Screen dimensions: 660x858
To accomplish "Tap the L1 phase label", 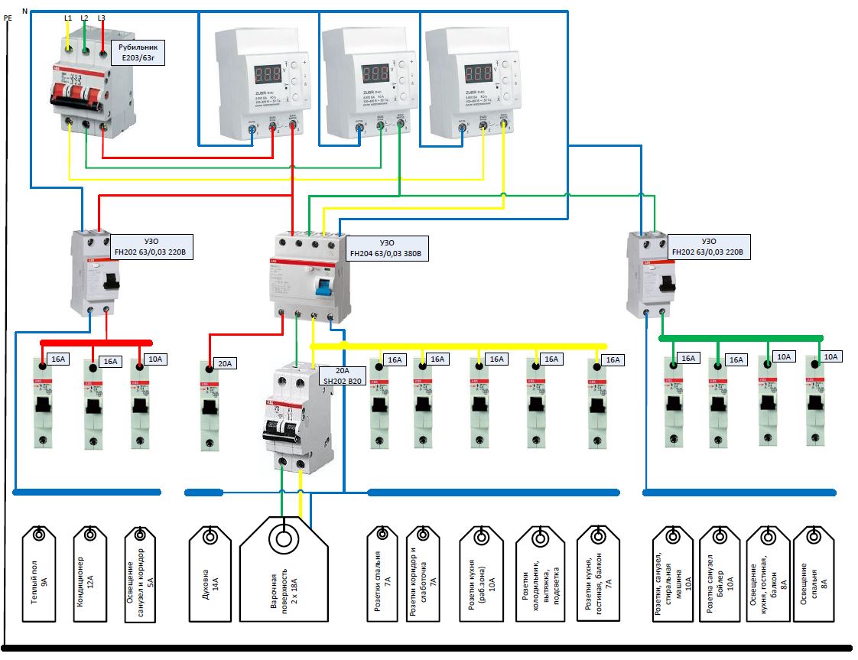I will (67, 17).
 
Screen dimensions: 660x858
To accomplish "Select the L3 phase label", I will (102, 17).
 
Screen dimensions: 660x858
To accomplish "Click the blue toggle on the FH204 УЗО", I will (324, 288).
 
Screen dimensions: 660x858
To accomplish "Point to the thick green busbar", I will (741, 337).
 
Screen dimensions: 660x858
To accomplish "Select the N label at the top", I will (25, 11).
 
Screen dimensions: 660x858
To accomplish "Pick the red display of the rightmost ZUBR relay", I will (478, 74).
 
